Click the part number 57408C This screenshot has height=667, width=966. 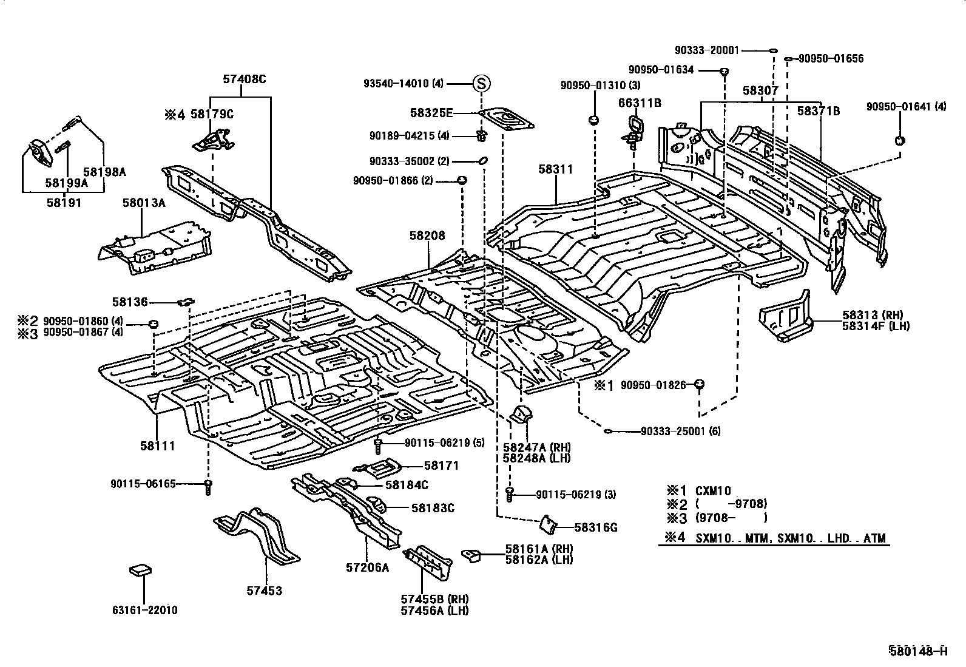point(244,79)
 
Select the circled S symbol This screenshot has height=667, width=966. point(481,84)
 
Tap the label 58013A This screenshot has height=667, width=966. point(144,203)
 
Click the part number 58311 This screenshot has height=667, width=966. point(555,169)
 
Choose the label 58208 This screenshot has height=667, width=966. point(427,235)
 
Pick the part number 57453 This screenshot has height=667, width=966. point(265,590)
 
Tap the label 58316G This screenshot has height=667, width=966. point(595,527)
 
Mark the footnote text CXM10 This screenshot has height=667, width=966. point(714,490)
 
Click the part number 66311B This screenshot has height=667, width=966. point(640,103)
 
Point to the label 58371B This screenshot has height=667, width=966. point(819,110)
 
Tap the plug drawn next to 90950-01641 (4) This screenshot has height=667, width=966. point(900,141)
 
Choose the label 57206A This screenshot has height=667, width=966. point(367,567)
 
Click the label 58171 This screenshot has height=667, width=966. point(441,466)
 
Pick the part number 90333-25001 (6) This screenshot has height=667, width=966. point(680,432)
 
